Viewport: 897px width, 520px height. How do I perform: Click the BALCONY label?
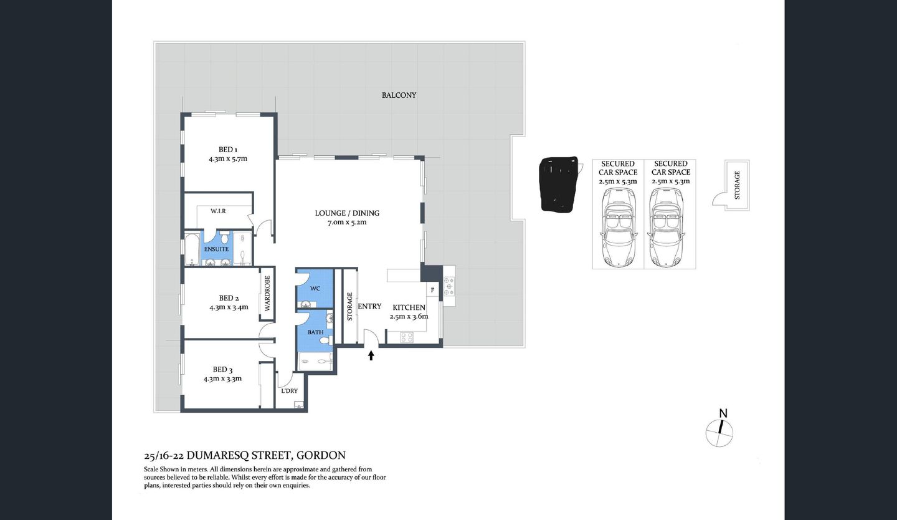pos(399,95)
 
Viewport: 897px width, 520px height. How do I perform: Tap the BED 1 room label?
pos(227,150)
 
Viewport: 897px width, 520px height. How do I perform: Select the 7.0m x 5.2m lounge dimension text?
pos(347,223)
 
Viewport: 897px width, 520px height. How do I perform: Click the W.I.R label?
pos(217,211)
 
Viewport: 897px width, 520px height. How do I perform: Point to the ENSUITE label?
pos(216,249)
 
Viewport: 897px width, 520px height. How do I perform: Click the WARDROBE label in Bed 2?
pos(267,298)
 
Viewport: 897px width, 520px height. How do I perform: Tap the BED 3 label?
pos(222,370)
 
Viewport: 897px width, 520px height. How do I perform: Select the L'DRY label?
pos(289,391)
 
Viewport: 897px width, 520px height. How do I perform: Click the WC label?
pos(315,289)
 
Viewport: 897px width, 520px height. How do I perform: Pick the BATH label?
pos(315,332)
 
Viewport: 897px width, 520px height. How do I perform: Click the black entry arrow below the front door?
pos(371,355)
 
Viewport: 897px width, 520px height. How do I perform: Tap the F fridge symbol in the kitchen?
pos(432,291)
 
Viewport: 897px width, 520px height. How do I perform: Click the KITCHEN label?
pos(409,307)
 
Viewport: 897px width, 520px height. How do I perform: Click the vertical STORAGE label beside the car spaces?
pos(738,185)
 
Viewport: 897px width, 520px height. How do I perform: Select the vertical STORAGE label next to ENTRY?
pos(350,306)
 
